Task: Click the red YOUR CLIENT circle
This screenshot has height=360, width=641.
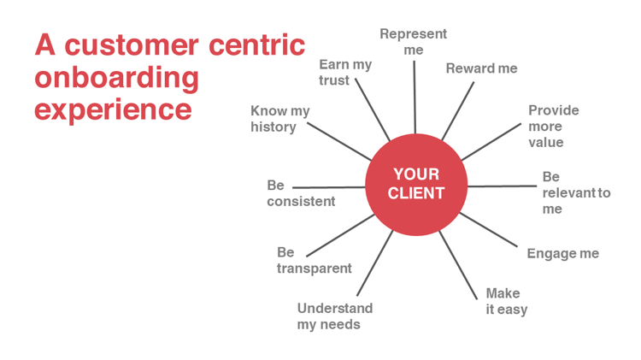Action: pos(416,185)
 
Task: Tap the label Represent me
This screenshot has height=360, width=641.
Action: pos(414,42)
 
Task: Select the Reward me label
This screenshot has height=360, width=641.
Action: pos(481,68)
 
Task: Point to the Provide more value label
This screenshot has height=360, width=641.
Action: pos(553,126)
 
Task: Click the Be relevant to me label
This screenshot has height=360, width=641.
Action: pos(575,192)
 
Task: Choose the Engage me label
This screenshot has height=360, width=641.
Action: pos(562,253)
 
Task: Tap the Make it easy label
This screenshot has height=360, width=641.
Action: pos(506,301)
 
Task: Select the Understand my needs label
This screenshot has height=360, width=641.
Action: pos(334,316)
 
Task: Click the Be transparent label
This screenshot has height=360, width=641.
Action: pos(314,260)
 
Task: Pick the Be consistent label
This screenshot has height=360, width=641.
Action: pos(301,193)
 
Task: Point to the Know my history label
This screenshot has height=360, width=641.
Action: pos(280,119)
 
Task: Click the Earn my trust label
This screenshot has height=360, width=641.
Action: pos(345,72)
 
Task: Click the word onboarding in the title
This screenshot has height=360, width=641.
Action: pos(116,78)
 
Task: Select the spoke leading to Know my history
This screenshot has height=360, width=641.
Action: pos(338,141)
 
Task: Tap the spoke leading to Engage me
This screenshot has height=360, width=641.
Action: pos(491,230)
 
